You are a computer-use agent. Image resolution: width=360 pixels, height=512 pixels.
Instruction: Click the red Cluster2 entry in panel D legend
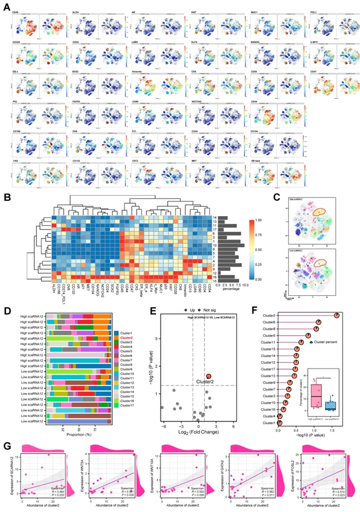point(127,337)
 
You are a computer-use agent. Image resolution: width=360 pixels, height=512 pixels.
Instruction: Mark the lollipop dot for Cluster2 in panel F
point(337,316)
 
